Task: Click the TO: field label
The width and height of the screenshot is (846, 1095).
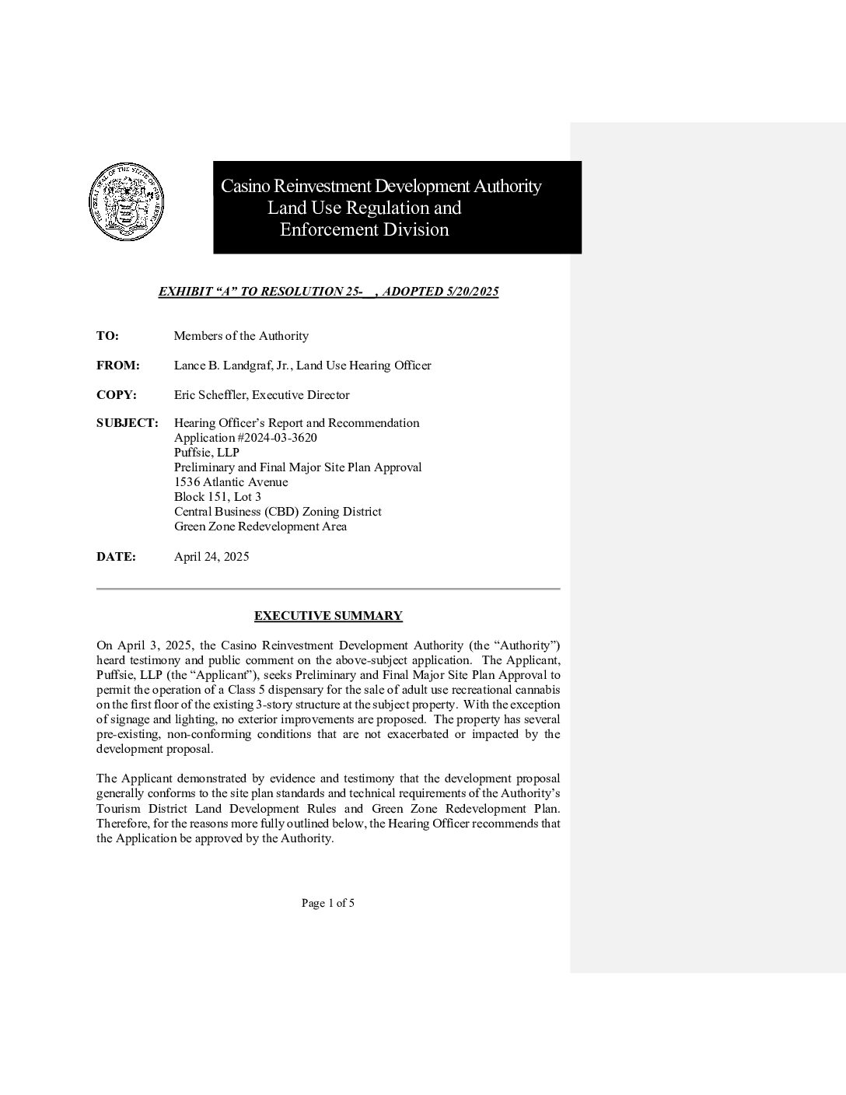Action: click(107, 336)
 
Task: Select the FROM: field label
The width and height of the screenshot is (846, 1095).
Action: click(118, 366)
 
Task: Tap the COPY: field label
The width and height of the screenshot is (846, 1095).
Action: click(117, 395)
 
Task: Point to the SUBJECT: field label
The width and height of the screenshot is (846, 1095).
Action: click(128, 423)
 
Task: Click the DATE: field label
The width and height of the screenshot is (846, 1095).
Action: click(116, 557)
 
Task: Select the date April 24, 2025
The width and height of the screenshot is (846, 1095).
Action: click(211, 557)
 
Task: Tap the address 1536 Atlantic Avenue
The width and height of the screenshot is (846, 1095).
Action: click(231, 482)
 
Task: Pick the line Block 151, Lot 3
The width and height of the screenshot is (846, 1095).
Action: click(218, 497)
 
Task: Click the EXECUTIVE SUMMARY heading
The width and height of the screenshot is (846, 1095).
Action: click(328, 616)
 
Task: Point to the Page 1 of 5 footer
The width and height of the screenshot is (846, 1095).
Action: click(328, 903)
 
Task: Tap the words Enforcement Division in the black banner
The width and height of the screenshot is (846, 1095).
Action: click(364, 229)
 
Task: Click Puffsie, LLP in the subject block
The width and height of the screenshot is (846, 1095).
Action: click(207, 453)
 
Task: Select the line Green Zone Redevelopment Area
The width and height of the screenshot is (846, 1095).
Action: click(260, 527)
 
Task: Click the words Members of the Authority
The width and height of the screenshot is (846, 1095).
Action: click(241, 336)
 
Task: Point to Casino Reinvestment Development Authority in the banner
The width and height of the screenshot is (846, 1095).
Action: click(381, 187)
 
